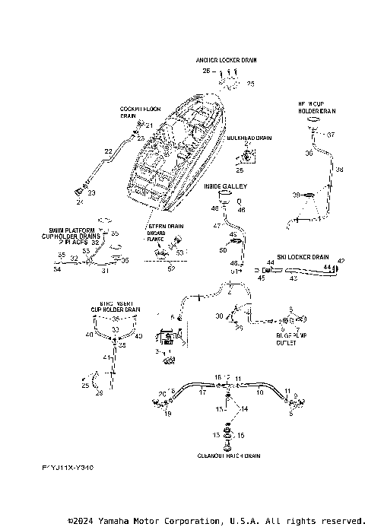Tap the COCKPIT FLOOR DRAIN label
138,113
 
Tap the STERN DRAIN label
165,226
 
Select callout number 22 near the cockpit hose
108,152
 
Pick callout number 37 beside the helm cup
331,135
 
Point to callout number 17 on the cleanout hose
202,393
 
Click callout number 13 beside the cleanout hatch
215,434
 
